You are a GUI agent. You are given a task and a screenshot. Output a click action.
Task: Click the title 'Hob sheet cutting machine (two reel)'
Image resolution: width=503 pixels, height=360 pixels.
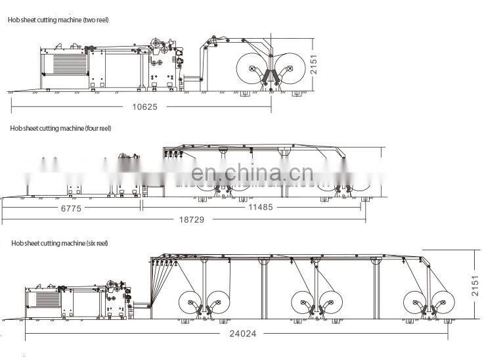(58, 20)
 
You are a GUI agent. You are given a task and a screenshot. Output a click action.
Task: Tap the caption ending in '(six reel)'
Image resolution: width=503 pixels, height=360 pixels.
(58, 244)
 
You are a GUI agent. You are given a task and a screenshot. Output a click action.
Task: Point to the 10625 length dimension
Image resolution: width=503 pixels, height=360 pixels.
(144, 106)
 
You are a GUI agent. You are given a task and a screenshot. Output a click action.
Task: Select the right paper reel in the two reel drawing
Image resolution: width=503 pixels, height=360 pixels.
(290, 66)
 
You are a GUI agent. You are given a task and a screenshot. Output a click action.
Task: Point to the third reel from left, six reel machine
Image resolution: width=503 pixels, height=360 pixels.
(303, 304)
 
